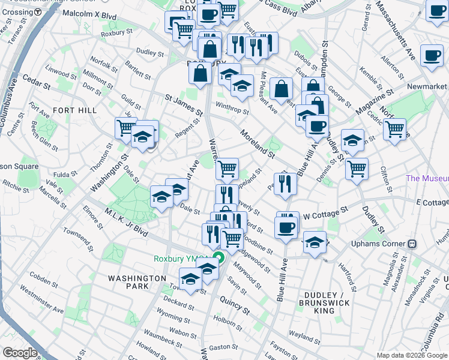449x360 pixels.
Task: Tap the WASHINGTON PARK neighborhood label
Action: click(x=137, y=282)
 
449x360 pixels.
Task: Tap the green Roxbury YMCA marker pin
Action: click(x=219, y=259)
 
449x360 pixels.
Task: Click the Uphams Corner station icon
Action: click(x=412, y=244)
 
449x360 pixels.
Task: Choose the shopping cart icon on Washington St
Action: click(x=126, y=127)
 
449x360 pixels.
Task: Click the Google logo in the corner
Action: click(x=20, y=353)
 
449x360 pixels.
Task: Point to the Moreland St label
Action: click(x=257, y=145)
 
